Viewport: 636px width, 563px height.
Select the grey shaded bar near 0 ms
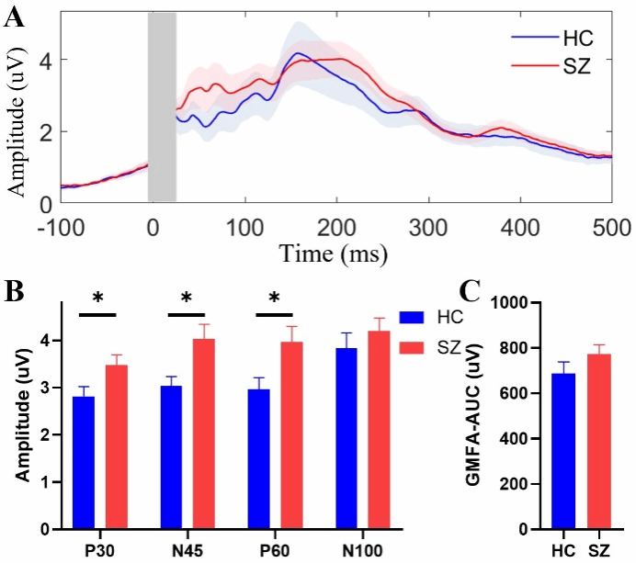(162, 107)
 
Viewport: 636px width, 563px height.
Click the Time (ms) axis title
(334, 253)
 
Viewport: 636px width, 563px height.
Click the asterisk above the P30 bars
(97, 299)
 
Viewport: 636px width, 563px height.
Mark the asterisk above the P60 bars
(274, 299)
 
